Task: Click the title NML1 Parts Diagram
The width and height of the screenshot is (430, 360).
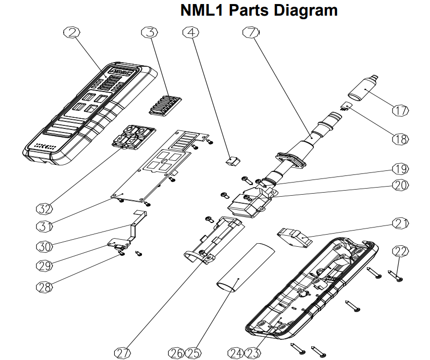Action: pyautogui.click(x=259, y=10)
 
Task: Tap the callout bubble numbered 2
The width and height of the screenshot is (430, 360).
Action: pyautogui.click(x=72, y=33)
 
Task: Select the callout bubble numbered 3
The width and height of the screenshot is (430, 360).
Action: pyautogui.click(x=148, y=33)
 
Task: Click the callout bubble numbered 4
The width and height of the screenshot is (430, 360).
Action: pyautogui.click(x=190, y=33)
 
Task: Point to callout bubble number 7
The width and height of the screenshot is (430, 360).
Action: pyautogui.click(x=251, y=33)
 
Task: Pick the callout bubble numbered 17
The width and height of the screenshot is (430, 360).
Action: pyautogui.click(x=400, y=110)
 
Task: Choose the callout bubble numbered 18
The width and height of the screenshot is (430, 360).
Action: pyautogui.click(x=400, y=139)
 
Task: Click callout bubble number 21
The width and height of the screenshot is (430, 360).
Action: pyautogui.click(x=400, y=223)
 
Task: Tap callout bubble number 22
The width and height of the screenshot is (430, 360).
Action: pyautogui.click(x=400, y=251)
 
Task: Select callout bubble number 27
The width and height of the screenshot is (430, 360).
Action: pyautogui.click(x=121, y=353)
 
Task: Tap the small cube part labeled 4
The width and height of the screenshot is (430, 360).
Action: pyautogui.click(x=231, y=160)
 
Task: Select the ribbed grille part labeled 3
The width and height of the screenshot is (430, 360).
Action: pyautogui.click(x=165, y=104)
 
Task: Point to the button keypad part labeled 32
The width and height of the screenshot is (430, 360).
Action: pyautogui.click(x=132, y=138)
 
